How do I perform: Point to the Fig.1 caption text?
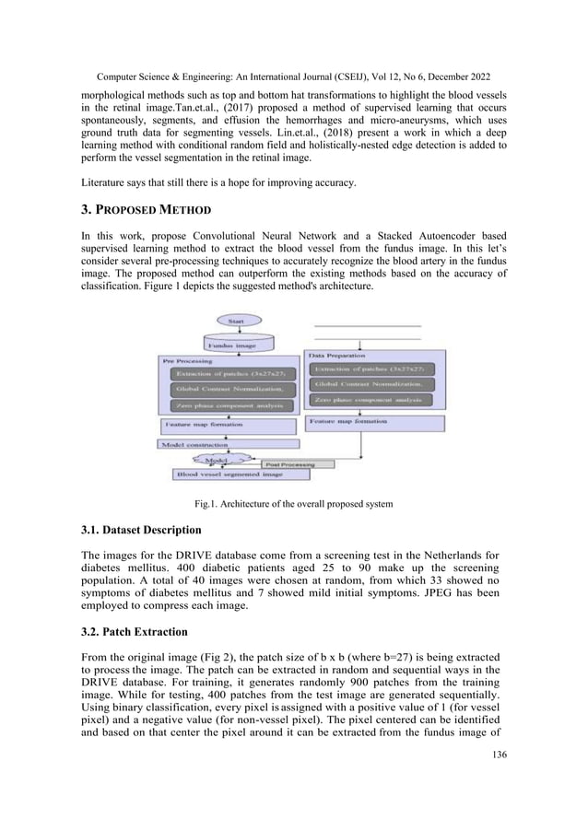(293, 504)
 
